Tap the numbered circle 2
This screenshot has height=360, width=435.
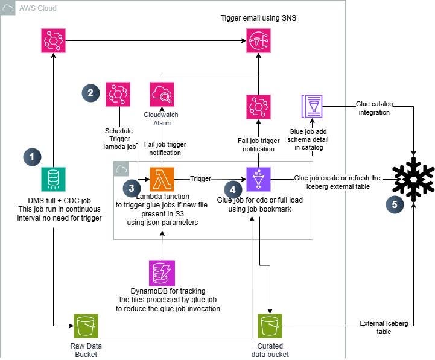pyautogui.click(x=90, y=93)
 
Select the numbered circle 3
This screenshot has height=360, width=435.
pyautogui.click(x=132, y=188)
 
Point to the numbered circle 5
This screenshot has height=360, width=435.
pyautogui.click(x=395, y=205)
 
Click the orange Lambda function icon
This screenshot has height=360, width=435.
pyautogui.click(x=162, y=179)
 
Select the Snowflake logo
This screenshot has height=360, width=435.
pyautogui.click(x=414, y=179)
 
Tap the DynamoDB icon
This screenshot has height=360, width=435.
pyautogui.click(x=162, y=273)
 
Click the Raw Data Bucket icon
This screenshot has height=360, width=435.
pyautogui.click(x=86, y=326)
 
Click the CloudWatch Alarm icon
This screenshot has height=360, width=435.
pyautogui.click(x=162, y=95)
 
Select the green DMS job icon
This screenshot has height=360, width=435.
pyautogui.click(x=54, y=179)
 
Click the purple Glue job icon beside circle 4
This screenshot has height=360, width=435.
pyautogui.click(x=259, y=179)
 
